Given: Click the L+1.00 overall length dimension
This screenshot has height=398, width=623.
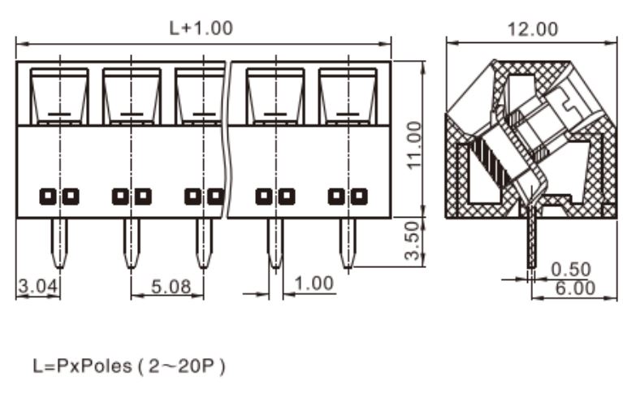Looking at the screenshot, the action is point(201,28).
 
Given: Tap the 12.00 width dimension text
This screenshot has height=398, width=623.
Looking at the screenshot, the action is point(533,29).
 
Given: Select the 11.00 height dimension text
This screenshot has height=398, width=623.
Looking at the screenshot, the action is point(414,145).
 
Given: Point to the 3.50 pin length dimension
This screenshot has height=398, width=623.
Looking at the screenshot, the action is point(413,241).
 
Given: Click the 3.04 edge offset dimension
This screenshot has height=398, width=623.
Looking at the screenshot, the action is point(38,286).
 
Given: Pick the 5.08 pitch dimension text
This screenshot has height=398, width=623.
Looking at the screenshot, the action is point(171,287).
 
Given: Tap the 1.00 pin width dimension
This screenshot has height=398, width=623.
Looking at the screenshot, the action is point(314,283).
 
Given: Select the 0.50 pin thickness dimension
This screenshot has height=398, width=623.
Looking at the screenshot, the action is point(571,270).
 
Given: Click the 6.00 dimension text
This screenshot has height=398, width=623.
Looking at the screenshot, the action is point(575,288).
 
